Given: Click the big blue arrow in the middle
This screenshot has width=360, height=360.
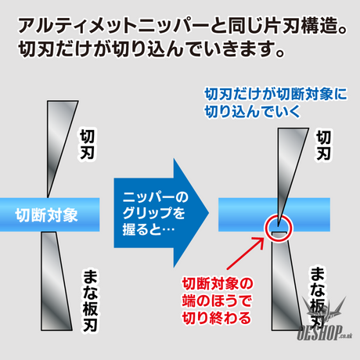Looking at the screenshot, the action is point(162,213).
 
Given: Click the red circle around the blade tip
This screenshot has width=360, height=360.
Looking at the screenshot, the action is point(265,228).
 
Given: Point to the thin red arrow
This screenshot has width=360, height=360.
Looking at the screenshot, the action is point(245,254).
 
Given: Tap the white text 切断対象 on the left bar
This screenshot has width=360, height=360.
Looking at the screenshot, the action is point(46,215).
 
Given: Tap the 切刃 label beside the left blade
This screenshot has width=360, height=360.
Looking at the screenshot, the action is point(87,144).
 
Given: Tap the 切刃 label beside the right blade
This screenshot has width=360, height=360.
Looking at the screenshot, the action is point(323,146).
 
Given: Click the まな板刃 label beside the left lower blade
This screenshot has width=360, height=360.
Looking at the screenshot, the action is point(90,301).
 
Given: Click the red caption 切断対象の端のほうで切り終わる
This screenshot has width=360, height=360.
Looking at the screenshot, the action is point(217,301).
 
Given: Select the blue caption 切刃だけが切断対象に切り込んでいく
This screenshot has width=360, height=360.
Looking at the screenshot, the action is point(275,103).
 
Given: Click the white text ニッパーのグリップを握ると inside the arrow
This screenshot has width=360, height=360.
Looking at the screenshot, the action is point(155,213).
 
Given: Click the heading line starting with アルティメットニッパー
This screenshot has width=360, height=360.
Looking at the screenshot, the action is point(182,26).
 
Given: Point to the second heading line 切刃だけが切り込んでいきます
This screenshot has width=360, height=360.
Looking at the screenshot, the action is point(152,49).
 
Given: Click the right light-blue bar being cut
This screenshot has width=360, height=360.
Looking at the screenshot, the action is point(274,214).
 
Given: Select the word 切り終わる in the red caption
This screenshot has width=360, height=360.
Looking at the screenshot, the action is point(217,318).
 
